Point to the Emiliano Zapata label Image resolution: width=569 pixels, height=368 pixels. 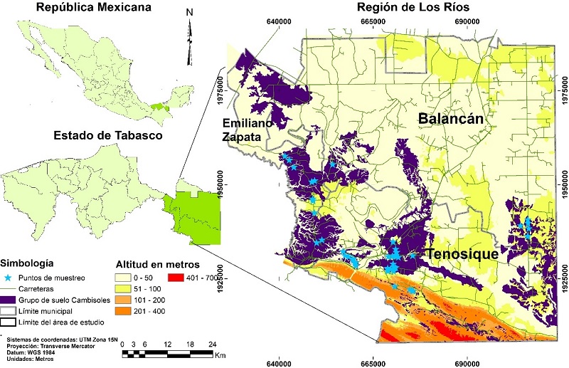tap(247, 127)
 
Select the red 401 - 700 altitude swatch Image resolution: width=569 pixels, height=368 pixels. tap(177, 278)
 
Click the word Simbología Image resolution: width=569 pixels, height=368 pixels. tap(29, 262)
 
